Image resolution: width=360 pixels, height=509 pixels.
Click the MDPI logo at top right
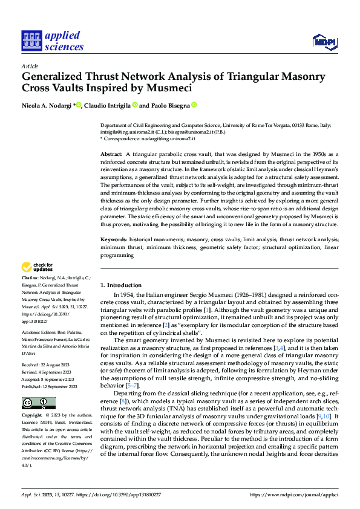pyautogui.click(x=324, y=41)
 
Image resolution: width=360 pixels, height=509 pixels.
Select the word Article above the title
pyautogui.click(x=30, y=66)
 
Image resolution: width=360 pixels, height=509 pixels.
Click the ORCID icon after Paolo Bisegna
pyautogui.click(x=194, y=105)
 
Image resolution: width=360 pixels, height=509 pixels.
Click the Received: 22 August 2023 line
pyautogui.click(x=47, y=349)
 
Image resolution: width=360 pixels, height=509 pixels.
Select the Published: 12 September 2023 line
pyautogui.click(x=50, y=369)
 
